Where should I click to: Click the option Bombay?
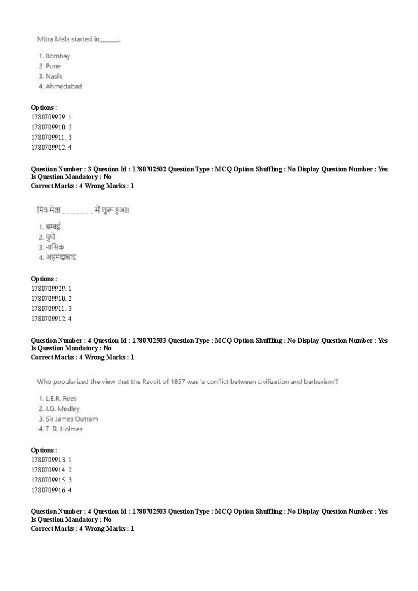57,56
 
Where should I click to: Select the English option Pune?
53,66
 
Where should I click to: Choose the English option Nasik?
54,76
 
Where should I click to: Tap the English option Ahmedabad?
63,86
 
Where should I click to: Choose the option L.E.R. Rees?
61,398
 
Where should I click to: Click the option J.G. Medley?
62,408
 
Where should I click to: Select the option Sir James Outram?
71,419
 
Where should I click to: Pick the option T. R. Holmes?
64,429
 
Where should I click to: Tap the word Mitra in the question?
46,39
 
